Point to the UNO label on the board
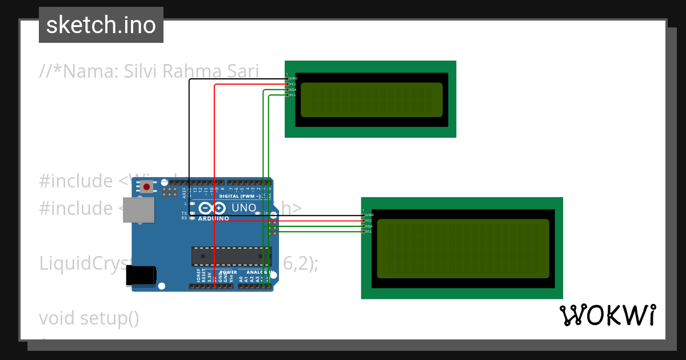pyautogui.click(x=244, y=208)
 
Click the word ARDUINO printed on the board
pyautogui.click(x=213, y=218)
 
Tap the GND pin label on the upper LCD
pyautogui.click(x=293, y=78)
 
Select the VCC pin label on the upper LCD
pyautogui.click(x=293, y=84)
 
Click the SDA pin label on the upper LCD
pyautogui.click(x=293, y=90)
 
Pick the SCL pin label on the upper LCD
pyautogui.click(x=293, y=95)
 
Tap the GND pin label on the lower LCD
pyautogui.click(x=369, y=215)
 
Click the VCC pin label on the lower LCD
pyautogui.click(x=369, y=221)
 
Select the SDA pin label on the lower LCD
pyautogui.click(x=369, y=226)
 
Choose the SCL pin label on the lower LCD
pyautogui.click(x=369, y=231)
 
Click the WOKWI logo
pyautogui.click(x=607, y=315)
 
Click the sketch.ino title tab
pyautogui.click(x=101, y=25)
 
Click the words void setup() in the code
pyautogui.click(x=89, y=318)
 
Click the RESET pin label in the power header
pyautogui.click(x=204, y=277)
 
